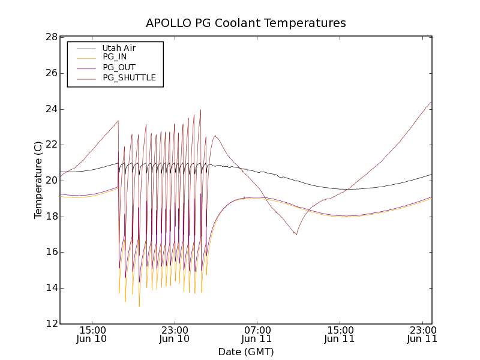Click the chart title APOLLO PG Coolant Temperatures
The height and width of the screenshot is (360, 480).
246,23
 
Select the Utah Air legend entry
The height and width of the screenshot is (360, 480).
119,48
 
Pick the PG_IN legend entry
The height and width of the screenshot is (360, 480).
115,57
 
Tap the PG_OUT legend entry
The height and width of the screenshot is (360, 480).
119,67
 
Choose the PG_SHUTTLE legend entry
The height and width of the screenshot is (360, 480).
129,77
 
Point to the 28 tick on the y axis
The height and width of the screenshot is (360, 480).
50,37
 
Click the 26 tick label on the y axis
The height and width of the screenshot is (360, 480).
50,73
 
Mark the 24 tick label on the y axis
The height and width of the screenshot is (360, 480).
50,109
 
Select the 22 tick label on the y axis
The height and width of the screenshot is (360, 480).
50,145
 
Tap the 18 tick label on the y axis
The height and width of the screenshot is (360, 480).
50,217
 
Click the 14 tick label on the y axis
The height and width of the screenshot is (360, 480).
50,288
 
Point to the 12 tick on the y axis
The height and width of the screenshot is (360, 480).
50,324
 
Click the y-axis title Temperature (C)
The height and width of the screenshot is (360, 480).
38,180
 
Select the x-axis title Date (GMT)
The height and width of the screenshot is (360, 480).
246,352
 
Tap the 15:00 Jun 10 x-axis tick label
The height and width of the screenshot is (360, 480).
92,334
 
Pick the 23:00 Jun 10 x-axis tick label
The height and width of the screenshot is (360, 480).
175,334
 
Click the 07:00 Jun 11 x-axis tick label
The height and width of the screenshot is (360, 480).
257,334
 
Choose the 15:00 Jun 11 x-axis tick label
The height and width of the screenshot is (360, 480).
340,334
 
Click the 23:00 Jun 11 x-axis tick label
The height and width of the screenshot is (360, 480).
422,334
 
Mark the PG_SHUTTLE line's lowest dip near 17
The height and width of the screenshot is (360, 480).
296,234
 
